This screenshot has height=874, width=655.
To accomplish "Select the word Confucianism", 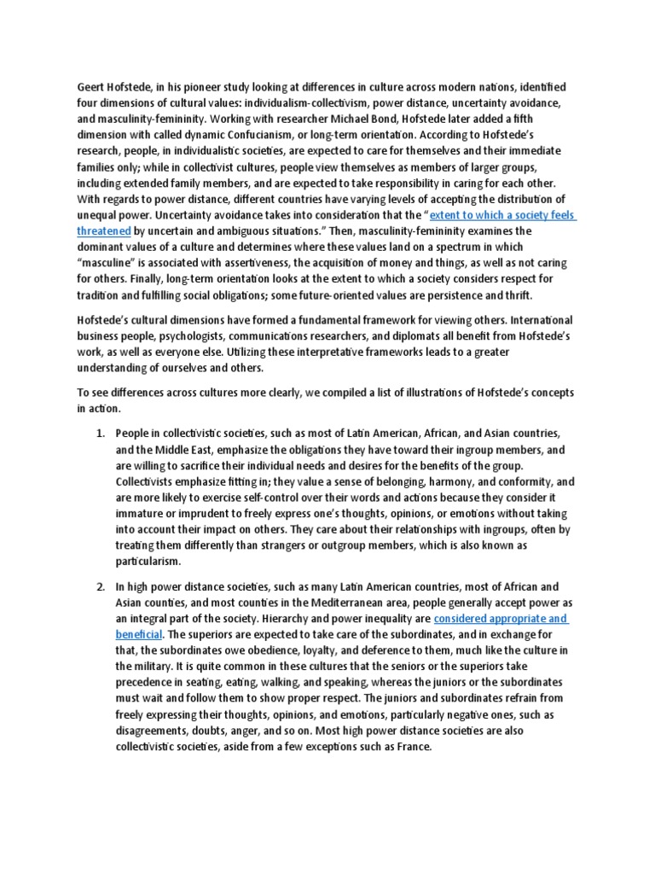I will click(x=268, y=134).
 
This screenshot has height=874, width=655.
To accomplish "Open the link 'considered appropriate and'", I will click(x=501, y=618).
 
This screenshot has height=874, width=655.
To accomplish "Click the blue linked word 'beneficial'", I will click(x=139, y=634).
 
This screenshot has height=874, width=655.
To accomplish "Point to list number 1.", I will click(x=99, y=434).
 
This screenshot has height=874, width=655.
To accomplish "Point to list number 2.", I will click(x=99, y=587).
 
